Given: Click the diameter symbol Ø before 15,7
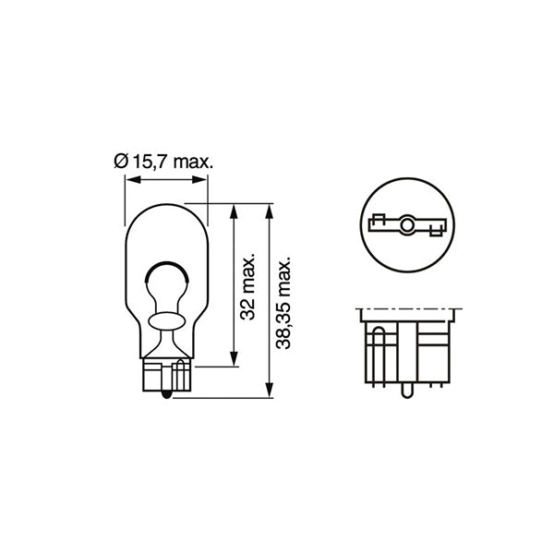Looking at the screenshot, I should [x=120, y=162].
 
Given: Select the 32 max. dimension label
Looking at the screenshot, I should [x=247, y=286].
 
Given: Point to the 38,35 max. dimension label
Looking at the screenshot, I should [x=284, y=302].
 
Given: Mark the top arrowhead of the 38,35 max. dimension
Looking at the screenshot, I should [x=269, y=209].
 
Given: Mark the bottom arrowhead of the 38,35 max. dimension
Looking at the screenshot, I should [x=269, y=392].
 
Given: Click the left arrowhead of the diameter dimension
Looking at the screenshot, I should [x=129, y=181].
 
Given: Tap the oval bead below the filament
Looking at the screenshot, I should [x=166, y=319].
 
